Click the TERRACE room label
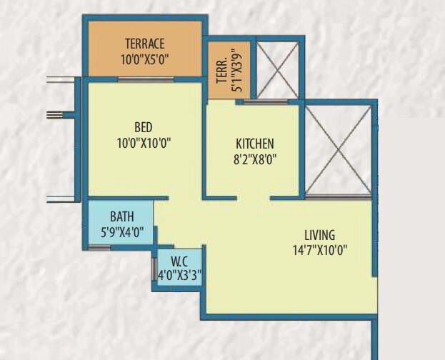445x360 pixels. coord(144,43)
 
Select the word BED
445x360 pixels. coord(144,127)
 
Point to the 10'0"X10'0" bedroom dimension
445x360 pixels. coord(144,141)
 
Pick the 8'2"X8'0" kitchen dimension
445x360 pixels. coord(255,159)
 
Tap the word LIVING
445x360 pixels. coord(319,235)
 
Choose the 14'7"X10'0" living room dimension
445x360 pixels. coord(319,250)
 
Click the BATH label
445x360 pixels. coord(121,216)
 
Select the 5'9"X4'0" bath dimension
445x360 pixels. coord(121,231)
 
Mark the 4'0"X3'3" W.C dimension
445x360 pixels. coord(180,274)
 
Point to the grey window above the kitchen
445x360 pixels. coord(261,102)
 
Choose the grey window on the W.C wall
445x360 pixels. coord(154,269)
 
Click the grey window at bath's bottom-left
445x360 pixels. coord(100,247)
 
